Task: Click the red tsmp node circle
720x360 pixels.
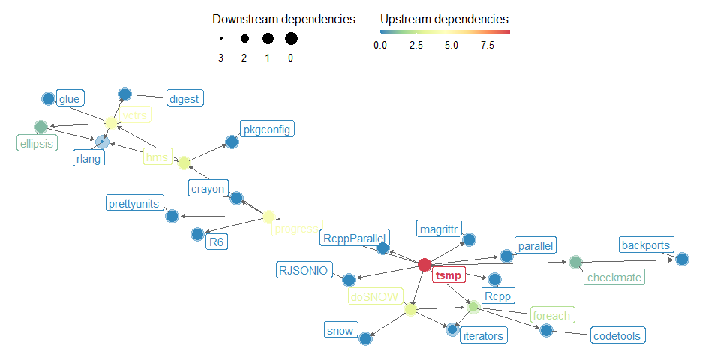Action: pyautogui.click(x=424, y=264)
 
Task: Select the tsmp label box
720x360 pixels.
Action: pyautogui.click(x=449, y=275)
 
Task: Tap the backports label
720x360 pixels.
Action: pyautogui.click(x=646, y=244)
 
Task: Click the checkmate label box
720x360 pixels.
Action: pyautogui.click(x=613, y=277)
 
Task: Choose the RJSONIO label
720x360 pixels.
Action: pyautogui.click(x=303, y=270)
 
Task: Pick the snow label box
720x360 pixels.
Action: pyautogui.click(x=340, y=329)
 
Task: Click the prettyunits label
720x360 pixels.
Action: pyautogui.click(x=135, y=202)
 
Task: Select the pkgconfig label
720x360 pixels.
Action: pyautogui.click(x=266, y=129)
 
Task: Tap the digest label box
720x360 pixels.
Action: pyautogui.click(x=184, y=97)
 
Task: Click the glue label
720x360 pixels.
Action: pyautogui.click(x=71, y=97)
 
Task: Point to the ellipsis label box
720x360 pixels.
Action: pyautogui.click(x=37, y=142)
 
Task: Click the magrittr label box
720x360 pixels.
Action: pyautogui.click(x=439, y=227)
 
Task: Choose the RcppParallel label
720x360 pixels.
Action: pyautogui.click(x=353, y=238)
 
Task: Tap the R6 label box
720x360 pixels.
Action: pyautogui.click(x=217, y=241)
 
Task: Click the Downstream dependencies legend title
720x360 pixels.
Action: pyautogui.click(x=283, y=18)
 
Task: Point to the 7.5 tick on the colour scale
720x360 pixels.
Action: pyautogui.click(x=487, y=46)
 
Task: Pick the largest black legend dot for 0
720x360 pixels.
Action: pyautogui.click(x=291, y=38)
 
